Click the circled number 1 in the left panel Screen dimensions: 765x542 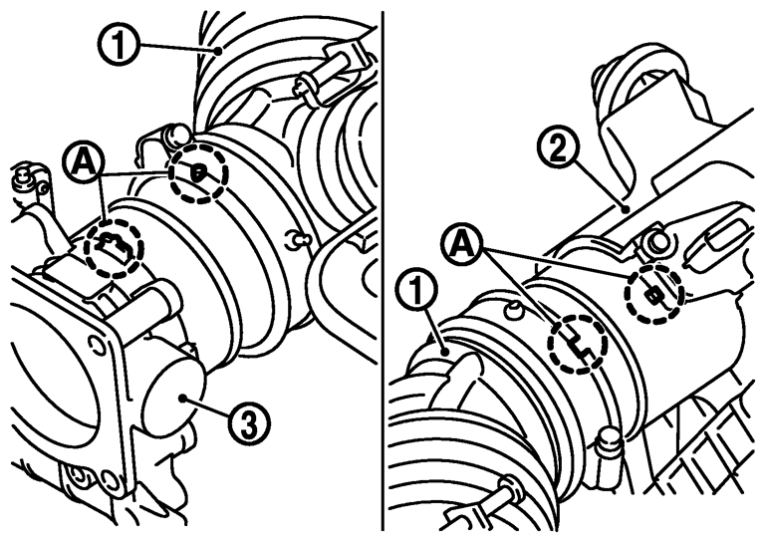120,45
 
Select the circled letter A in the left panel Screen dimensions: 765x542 84,164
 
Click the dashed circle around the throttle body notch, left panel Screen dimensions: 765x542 114,248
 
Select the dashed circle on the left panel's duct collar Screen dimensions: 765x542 198,173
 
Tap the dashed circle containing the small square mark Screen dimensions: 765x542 654,294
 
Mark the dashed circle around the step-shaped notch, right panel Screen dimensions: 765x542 579,345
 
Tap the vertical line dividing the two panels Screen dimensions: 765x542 382,271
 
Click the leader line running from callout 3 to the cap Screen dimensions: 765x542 205,407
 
